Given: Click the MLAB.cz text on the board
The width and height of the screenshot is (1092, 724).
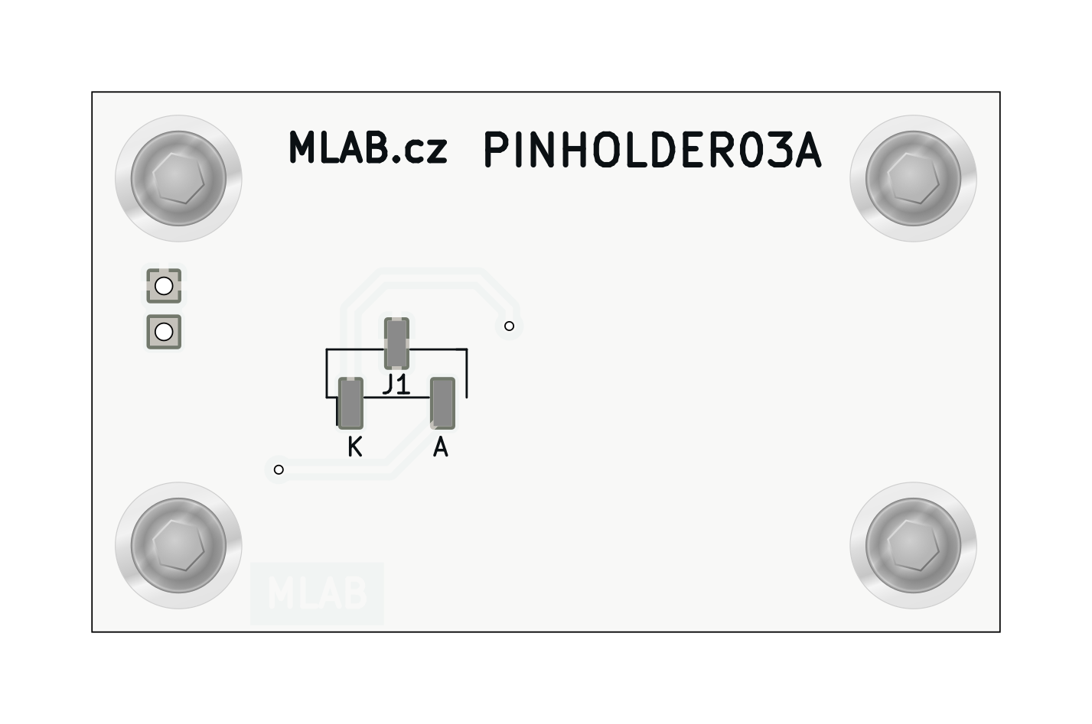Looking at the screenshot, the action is (x=367, y=148).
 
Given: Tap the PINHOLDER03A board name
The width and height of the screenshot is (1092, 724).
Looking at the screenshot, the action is (x=653, y=151).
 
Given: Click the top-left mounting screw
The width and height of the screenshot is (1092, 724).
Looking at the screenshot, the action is (x=178, y=178).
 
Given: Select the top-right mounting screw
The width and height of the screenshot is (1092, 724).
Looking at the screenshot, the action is (x=913, y=178).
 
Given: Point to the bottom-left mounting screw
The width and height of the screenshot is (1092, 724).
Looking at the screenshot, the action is (x=178, y=545).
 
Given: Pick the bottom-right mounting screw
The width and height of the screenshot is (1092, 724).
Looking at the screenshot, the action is (x=913, y=545).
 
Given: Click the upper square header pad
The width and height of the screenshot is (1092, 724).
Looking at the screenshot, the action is (x=164, y=287).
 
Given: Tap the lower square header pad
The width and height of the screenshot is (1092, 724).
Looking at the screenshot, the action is (x=164, y=332).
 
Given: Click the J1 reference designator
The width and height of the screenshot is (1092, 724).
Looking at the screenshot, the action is (x=396, y=385).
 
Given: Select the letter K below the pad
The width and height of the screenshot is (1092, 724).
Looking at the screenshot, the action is (x=354, y=446).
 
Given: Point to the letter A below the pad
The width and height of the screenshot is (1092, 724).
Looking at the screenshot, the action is (x=440, y=446).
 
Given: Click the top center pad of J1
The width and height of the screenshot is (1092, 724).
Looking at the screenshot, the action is (x=396, y=343).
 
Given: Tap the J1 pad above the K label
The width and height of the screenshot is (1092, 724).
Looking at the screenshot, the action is (x=350, y=403).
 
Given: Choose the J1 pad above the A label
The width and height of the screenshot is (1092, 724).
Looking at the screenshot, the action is (x=442, y=403).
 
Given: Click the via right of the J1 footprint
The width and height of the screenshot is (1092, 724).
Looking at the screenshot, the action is (x=509, y=326).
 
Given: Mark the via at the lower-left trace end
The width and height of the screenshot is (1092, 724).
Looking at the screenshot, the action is (x=279, y=469).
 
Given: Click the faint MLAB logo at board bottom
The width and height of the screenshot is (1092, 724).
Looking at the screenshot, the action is (x=317, y=594).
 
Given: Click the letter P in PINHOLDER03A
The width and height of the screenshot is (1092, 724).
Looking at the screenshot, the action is (x=498, y=151).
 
